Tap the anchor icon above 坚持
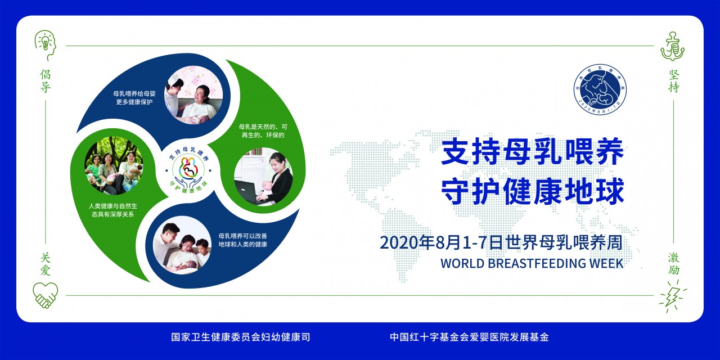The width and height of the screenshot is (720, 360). [x=672, y=46]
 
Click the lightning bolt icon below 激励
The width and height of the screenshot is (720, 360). [x=673, y=299]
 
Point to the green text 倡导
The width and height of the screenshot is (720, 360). [x=46, y=80]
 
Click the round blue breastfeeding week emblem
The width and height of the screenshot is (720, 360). [x=600, y=87]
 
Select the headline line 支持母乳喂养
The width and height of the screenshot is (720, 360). [x=532, y=154]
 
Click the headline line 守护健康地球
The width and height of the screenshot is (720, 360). [x=532, y=192]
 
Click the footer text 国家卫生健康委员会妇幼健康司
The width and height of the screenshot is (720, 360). [x=241, y=337]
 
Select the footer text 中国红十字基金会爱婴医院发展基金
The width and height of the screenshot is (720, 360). [x=469, y=337]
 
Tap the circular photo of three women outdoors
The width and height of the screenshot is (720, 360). [x=114, y=166]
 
